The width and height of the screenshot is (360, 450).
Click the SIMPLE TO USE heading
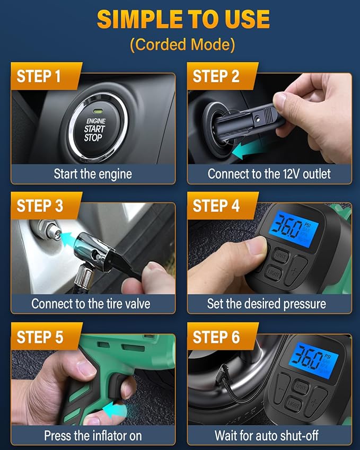point(183,20)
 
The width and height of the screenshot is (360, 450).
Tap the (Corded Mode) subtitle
point(182,45)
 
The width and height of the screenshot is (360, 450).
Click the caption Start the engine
point(93,174)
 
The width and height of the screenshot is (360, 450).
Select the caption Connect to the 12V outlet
point(269,174)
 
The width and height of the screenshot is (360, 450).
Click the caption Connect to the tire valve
point(91,304)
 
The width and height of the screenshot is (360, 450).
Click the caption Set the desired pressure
point(266,304)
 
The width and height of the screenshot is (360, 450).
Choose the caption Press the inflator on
point(93,436)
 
